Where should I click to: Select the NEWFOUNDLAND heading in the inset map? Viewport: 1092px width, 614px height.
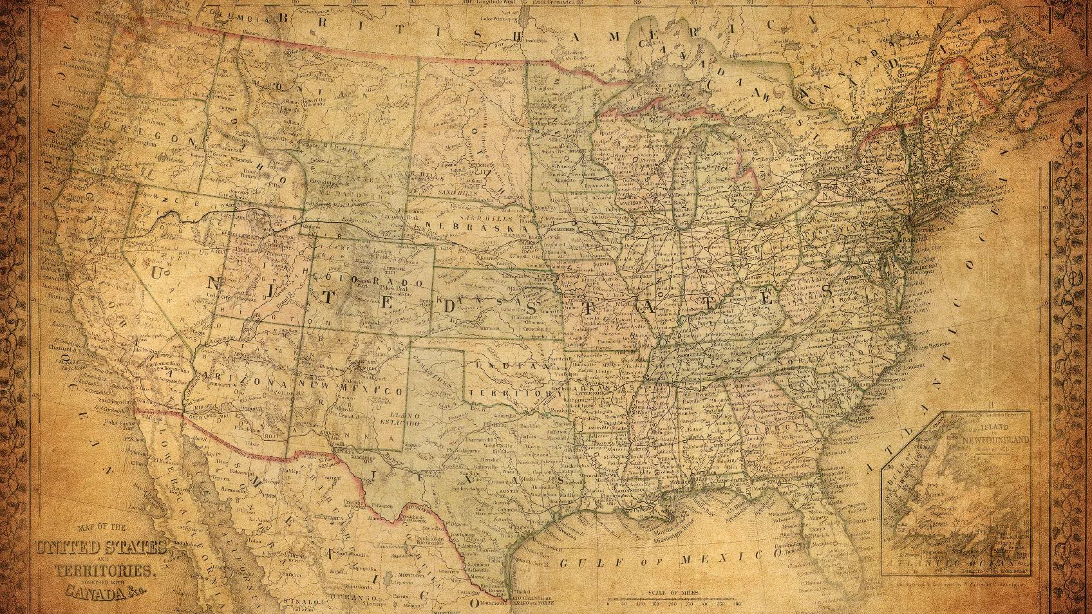(x=995, y=440)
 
